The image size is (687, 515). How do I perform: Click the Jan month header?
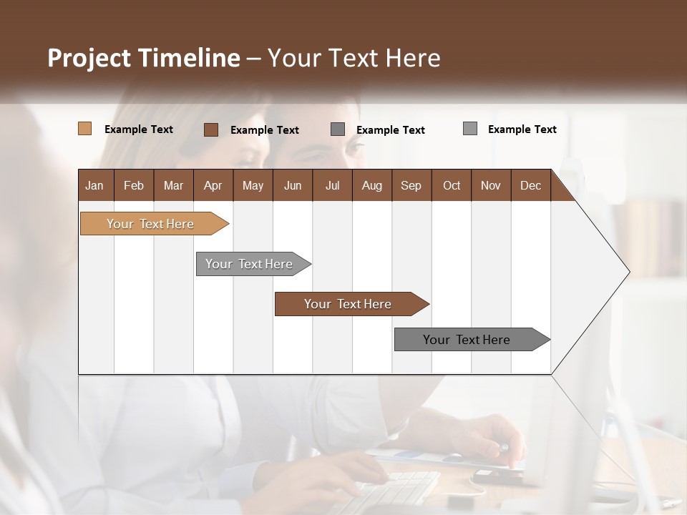pos(94,185)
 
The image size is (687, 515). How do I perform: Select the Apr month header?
pos(213,185)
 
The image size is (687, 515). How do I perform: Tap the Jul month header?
pos(332,185)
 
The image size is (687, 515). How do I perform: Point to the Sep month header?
pos(411,185)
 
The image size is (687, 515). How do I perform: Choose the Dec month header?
pos(530,185)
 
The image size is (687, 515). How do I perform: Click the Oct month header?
pos(452,185)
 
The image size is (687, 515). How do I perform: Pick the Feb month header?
pos(134,185)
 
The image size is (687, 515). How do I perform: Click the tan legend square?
pos(85,129)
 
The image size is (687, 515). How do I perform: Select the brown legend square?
pos(211,129)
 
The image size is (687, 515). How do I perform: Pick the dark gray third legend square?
pos(338,129)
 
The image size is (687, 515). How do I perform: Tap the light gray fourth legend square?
pos(470,129)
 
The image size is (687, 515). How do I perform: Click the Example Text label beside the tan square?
pos(139,129)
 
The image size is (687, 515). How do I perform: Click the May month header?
pos(253,185)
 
